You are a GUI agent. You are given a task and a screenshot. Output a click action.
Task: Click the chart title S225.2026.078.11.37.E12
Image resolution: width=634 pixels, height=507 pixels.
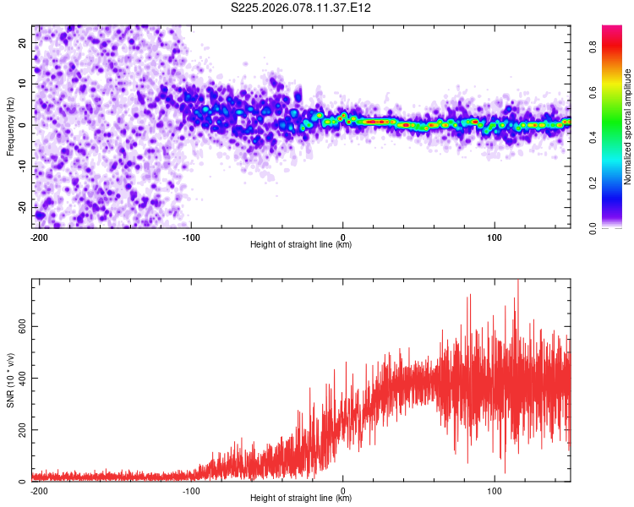pos(302,8)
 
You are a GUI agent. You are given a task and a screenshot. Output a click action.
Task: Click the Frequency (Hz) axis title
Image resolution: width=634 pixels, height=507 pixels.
pos(10,126)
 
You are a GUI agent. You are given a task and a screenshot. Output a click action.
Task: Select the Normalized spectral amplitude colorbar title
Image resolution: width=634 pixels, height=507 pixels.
pos(627,127)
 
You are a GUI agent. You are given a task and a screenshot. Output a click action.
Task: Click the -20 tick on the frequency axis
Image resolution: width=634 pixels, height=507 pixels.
pos(22,207)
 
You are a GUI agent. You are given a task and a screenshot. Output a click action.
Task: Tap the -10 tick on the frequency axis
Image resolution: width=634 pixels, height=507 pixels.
pos(22,166)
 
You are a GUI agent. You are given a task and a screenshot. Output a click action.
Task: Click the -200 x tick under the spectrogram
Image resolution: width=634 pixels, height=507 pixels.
pos(38,237)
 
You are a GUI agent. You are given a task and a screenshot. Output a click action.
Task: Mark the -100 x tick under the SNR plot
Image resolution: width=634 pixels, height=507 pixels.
pos(191,490)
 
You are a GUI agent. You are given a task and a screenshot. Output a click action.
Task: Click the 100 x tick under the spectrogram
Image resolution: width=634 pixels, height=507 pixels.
pos(495,237)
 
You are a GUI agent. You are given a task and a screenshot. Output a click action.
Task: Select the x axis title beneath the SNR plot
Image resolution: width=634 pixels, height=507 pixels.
pos(301,499)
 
